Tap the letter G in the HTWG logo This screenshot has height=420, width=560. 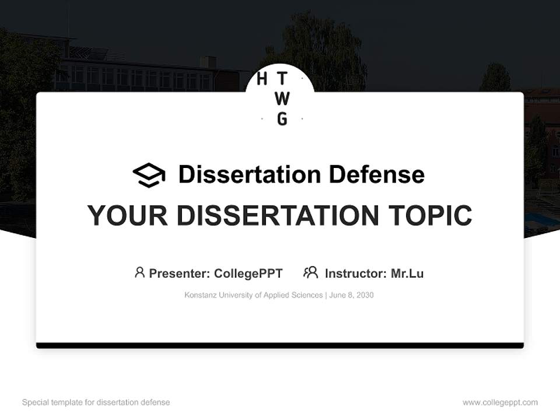pos(282,119)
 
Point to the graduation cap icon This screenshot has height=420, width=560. pos(149,175)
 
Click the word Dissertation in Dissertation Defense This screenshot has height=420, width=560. pos(250,174)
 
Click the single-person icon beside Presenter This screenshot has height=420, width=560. pos(139,272)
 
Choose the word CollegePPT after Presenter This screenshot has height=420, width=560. pos(249,274)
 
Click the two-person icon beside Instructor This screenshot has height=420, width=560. pos(311,272)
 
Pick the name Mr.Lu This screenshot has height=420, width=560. pos(407,274)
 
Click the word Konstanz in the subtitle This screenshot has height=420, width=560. pos(200,295)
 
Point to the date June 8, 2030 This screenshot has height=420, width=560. pos(351,295)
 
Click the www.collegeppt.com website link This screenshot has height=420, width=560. pos(500,402)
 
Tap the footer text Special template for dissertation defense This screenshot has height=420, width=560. pos(96,402)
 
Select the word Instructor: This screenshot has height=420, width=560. pos(356,274)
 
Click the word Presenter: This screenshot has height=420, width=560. pos(180,274)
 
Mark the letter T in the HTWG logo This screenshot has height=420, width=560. pos(282,78)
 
